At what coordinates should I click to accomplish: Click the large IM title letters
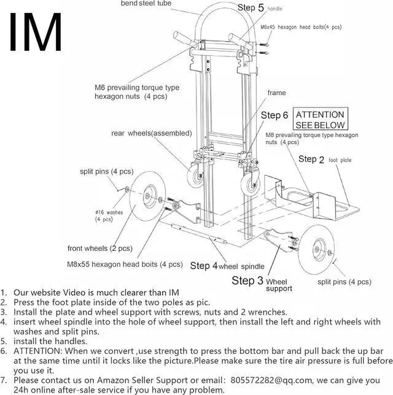click(36, 32)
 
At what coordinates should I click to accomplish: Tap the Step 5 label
click(250, 8)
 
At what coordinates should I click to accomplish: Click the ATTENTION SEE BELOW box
click(321, 120)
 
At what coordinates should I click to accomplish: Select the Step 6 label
click(274, 115)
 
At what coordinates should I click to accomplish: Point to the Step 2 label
click(311, 159)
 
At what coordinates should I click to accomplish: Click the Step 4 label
click(203, 266)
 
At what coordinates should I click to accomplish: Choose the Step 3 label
click(247, 281)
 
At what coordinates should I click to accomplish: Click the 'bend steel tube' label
click(146, 4)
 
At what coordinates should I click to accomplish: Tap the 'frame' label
click(276, 93)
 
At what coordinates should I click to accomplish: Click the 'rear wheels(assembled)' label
click(151, 133)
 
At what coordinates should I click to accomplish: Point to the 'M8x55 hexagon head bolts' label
click(125, 265)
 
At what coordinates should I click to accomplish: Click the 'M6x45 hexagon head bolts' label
click(301, 28)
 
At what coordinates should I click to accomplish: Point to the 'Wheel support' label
click(279, 284)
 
